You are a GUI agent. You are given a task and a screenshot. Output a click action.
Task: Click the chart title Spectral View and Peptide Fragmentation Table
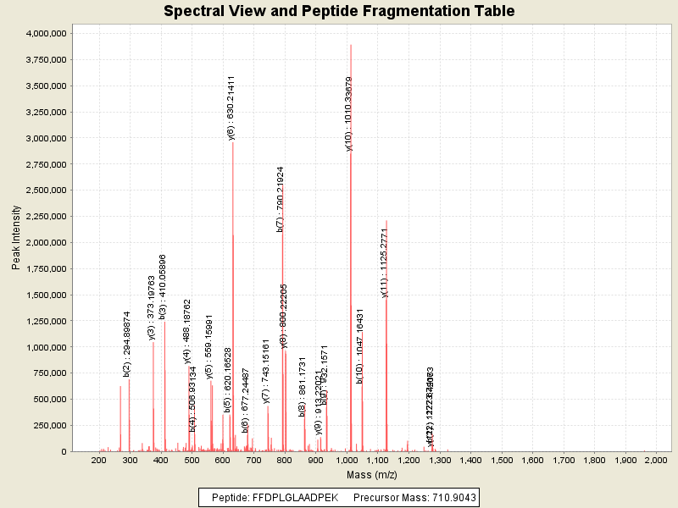coord(339,11)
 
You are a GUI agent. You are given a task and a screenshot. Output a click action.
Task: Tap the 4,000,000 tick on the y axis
coord(41,33)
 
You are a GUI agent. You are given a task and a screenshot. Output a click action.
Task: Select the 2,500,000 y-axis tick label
coord(41,190)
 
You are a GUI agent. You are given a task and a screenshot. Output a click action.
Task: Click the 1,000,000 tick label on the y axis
coord(41,347)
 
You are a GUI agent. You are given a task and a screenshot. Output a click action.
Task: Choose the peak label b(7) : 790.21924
coord(281,199)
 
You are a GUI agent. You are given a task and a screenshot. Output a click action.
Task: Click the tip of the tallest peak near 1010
coord(351,45)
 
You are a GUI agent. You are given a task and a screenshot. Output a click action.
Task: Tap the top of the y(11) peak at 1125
coord(386,221)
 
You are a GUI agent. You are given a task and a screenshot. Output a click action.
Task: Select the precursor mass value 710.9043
coord(450,497)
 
